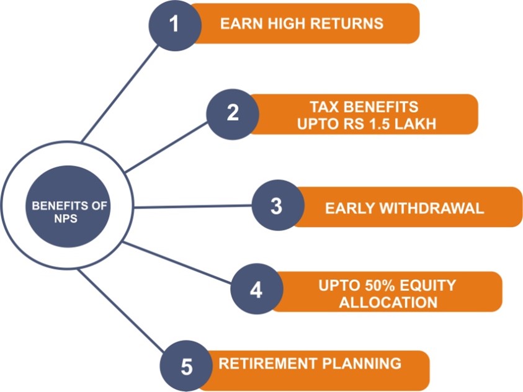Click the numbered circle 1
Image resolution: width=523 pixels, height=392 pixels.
pyautogui.click(x=175, y=24)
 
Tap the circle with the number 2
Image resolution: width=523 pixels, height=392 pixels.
pyautogui.click(x=233, y=114)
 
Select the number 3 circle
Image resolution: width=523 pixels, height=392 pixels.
pyautogui.click(x=278, y=205)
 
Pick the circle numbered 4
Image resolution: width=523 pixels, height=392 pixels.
pyautogui.click(x=257, y=288)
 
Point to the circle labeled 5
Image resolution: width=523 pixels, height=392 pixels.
pyautogui.click(x=186, y=366)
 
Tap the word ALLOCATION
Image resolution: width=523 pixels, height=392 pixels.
pyautogui.click(x=388, y=302)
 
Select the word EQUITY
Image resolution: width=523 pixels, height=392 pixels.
pyautogui.click(x=428, y=285)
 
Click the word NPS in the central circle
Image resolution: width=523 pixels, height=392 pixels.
pyautogui.click(x=66, y=219)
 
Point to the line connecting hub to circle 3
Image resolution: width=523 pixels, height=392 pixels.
pyautogui.click(x=193, y=207)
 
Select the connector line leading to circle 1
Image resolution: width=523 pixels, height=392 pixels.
pyautogui.click(x=120, y=94)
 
